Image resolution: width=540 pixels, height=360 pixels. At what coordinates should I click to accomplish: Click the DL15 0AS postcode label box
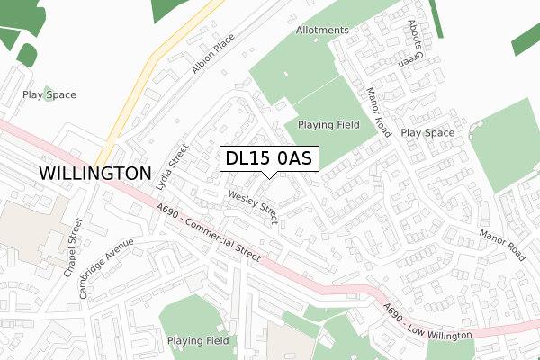(x=268, y=158)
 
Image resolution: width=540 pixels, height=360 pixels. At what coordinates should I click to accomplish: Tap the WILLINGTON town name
(x=94, y=173)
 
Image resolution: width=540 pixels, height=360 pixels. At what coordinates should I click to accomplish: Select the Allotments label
(x=321, y=30)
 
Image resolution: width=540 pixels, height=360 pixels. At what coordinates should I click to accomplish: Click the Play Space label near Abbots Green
(x=427, y=132)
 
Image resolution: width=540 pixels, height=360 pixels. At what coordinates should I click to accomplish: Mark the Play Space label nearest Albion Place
(x=49, y=94)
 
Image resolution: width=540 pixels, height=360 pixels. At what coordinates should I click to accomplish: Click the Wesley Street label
(x=254, y=206)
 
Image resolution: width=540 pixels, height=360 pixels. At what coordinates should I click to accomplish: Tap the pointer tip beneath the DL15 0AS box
(x=268, y=175)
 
